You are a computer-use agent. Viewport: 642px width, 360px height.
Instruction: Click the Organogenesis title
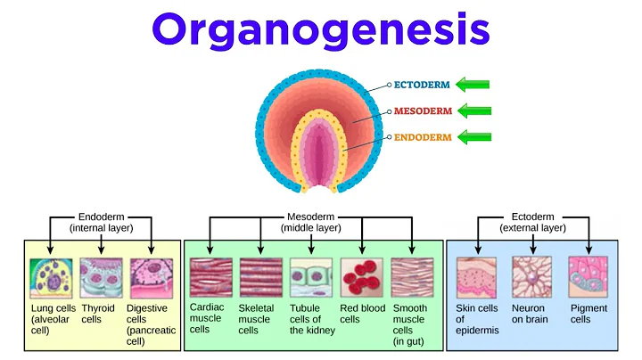point(320,31)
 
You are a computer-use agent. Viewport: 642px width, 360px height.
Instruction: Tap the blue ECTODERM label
point(424,86)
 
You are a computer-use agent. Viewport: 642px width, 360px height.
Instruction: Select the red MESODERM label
point(424,112)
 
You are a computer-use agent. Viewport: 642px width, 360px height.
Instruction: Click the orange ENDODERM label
point(424,138)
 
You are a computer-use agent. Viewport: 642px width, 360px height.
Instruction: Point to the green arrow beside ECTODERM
point(472,86)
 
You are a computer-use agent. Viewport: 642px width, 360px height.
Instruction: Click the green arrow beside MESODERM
point(472,112)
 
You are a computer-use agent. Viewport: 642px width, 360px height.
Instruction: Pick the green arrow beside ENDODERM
point(472,138)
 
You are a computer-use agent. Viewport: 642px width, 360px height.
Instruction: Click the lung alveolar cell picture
point(51,277)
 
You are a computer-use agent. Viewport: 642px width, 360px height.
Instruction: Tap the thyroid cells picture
point(101,277)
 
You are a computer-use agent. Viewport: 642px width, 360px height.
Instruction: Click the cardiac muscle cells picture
point(210,278)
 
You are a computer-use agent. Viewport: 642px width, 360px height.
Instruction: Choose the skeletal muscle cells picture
point(261,278)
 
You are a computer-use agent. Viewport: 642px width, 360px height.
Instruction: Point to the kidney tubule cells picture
point(311,278)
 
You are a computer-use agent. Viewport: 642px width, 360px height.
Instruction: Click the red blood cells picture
point(362,278)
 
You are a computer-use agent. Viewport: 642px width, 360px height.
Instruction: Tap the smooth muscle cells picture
point(412,278)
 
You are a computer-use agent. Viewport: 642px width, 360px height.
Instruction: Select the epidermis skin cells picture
point(477,277)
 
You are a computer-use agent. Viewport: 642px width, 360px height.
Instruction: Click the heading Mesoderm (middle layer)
point(311,222)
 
